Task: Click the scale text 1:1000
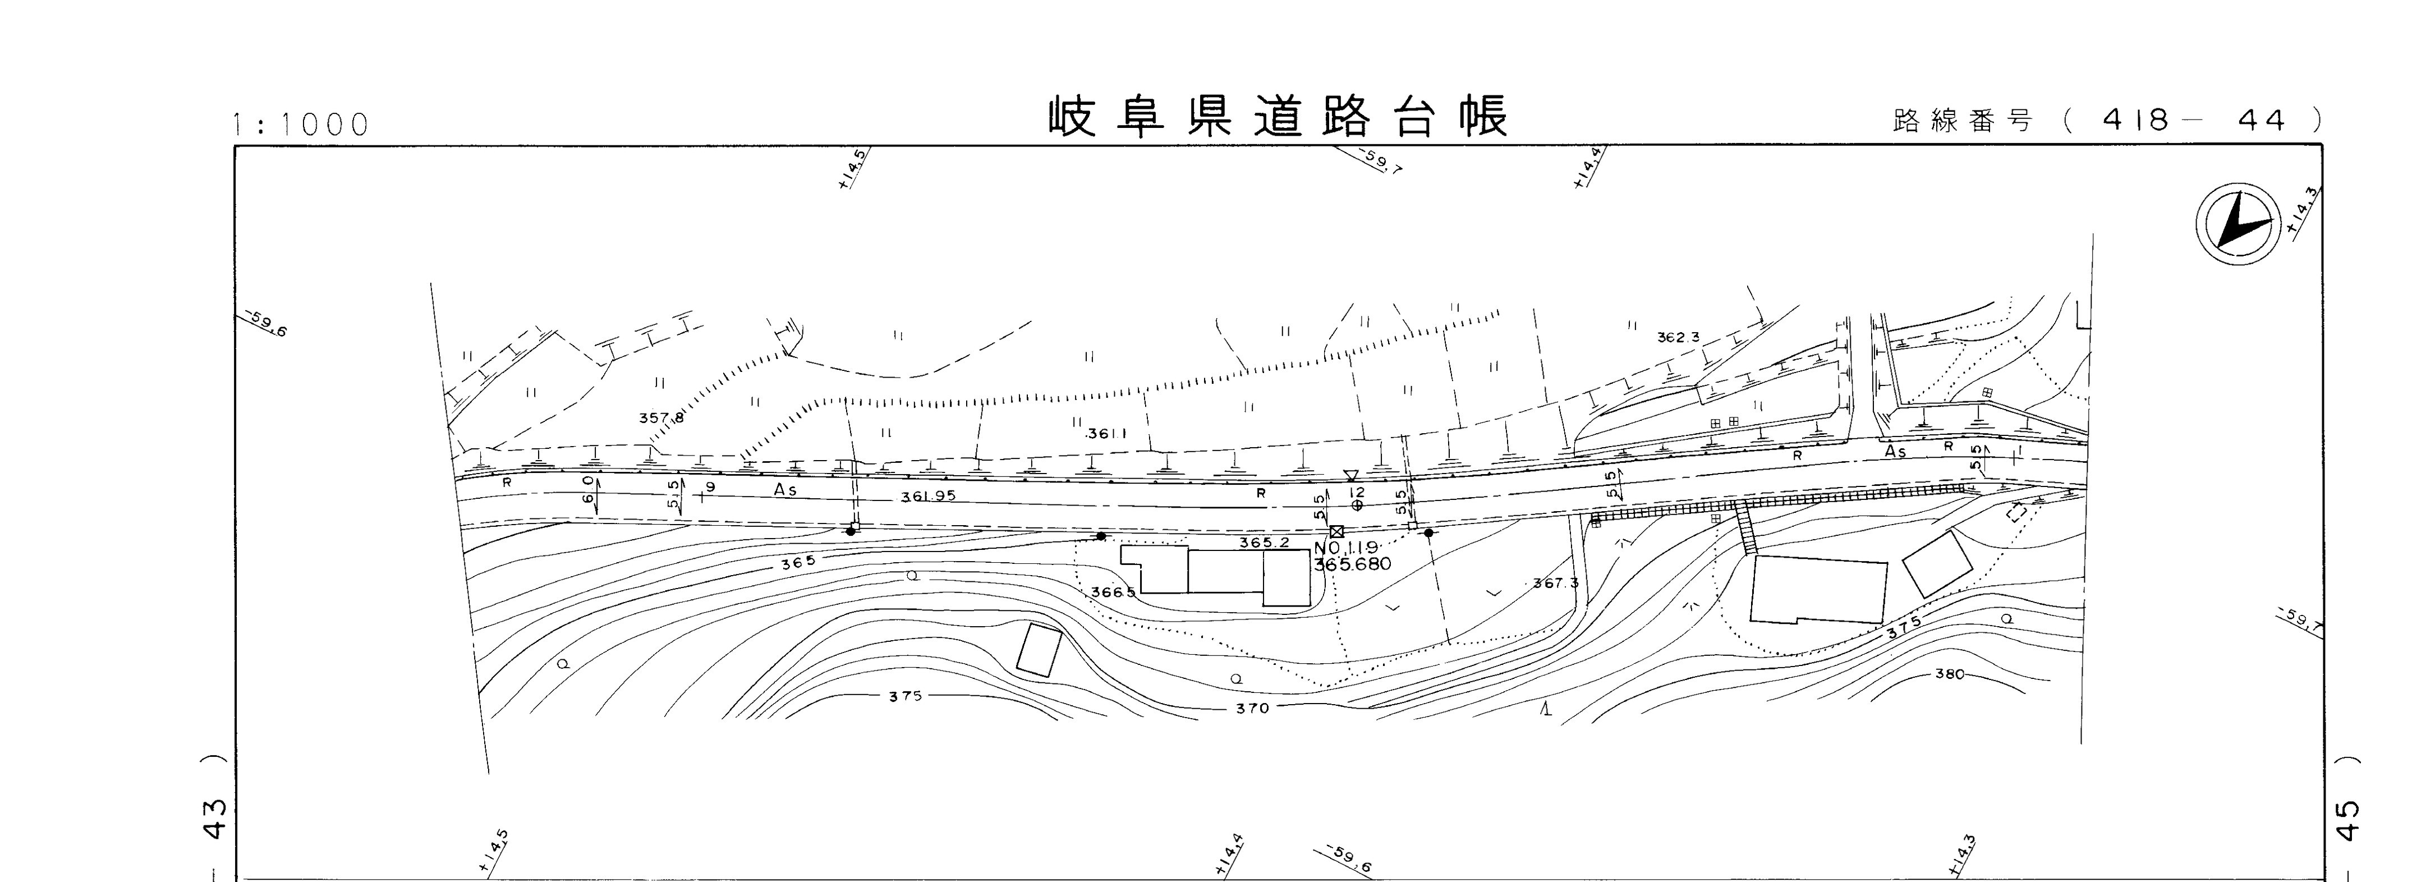(x=301, y=125)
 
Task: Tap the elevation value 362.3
(x=1678, y=337)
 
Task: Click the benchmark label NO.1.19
(x=1347, y=548)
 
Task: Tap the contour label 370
(x=1252, y=709)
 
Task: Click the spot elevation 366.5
(x=1113, y=592)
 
